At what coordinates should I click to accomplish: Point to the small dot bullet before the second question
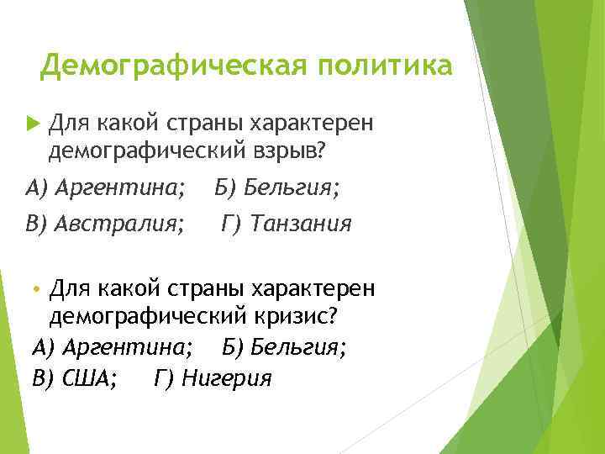click(x=34, y=290)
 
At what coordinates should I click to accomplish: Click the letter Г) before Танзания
click(x=233, y=224)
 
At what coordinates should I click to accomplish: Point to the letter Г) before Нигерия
click(x=164, y=377)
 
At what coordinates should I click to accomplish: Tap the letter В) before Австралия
click(x=38, y=224)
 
